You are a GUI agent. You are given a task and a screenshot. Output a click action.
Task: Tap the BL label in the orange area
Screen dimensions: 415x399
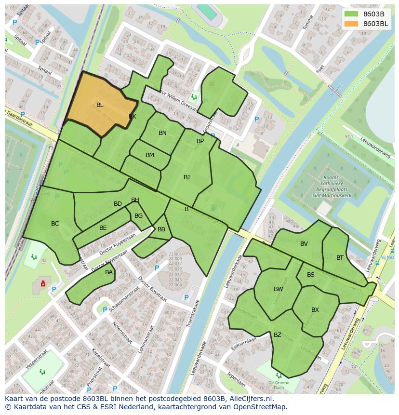pos(100,105)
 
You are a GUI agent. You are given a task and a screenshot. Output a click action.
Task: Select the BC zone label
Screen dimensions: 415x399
pos(55,224)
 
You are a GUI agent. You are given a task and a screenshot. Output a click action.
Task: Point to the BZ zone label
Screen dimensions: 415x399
pos(278,335)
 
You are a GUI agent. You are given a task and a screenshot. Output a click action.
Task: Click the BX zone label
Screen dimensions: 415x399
pos(315,310)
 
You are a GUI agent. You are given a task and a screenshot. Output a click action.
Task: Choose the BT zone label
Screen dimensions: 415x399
pos(340,258)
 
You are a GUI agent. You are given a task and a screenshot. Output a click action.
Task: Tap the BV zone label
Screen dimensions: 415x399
pos(304,244)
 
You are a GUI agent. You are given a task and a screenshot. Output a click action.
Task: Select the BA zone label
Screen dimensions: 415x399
pos(109,272)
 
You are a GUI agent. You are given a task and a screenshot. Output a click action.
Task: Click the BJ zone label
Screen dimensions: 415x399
pos(186,177)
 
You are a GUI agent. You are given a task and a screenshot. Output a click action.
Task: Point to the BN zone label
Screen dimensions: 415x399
pos(162,133)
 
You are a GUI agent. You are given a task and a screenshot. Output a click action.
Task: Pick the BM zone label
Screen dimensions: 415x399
pos(150,155)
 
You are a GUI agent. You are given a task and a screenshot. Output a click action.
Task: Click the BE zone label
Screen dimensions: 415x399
pos(103,228)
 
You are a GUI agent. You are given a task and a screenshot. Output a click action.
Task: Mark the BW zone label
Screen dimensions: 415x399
pos(279,289)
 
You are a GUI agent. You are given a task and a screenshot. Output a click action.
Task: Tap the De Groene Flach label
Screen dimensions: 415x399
pos(278,384)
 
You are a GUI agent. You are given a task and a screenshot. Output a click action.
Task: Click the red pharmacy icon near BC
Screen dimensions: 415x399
pos(43,284)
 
